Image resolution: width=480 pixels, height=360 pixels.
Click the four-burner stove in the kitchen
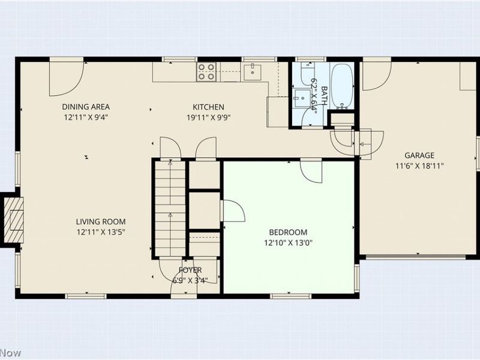coord(207,72)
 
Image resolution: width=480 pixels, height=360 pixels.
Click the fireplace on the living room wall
coord(13,219)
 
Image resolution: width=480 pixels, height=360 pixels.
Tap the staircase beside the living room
coord(169,207)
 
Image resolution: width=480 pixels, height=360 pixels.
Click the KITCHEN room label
coord(208,107)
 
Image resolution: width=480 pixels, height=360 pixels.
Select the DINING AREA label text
coord(86,107)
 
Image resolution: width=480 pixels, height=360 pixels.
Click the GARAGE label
coord(419,155)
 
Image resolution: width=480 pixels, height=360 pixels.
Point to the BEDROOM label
coord(288,232)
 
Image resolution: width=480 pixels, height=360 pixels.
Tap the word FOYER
coord(190,271)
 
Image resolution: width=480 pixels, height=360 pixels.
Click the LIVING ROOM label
coord(100,221)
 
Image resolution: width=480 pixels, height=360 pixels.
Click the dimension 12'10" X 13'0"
coord(288,243)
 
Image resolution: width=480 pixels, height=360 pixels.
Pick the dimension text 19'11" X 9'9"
coord(208,118)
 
